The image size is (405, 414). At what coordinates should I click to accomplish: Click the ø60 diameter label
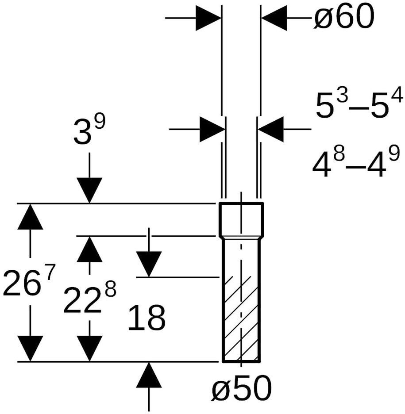343,18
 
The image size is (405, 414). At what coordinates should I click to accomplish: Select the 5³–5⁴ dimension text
359,105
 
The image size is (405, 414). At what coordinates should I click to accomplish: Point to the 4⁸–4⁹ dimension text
356,163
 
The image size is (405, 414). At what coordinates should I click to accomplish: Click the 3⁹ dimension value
89,131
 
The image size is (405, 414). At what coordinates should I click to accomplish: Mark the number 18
147,318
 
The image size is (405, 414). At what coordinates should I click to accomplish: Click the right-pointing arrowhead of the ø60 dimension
208,18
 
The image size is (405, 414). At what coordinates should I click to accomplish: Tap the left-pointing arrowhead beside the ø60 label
274,18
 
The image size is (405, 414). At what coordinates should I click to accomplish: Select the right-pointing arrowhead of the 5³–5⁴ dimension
212,129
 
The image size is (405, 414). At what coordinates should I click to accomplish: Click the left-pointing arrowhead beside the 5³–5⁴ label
271,129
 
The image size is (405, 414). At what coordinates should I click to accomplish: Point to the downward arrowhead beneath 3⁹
89,190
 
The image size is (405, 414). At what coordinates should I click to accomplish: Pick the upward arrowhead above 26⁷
30,217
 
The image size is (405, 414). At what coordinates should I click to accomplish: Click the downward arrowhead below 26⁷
30,348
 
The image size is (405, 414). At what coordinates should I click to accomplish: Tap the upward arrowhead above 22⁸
89,249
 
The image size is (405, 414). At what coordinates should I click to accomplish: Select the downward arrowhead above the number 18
149,264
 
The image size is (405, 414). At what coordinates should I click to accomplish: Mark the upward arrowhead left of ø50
149,375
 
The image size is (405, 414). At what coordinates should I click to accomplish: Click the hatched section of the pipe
241,318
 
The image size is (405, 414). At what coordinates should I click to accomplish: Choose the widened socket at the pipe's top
241,220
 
